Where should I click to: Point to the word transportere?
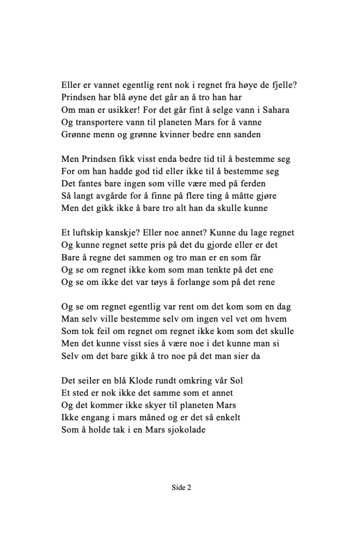click(x=102, y=122)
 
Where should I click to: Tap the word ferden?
click(x=267, y=184)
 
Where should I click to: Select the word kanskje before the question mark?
click(x=125, y=233)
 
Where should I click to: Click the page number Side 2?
click(x=181, y=488)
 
